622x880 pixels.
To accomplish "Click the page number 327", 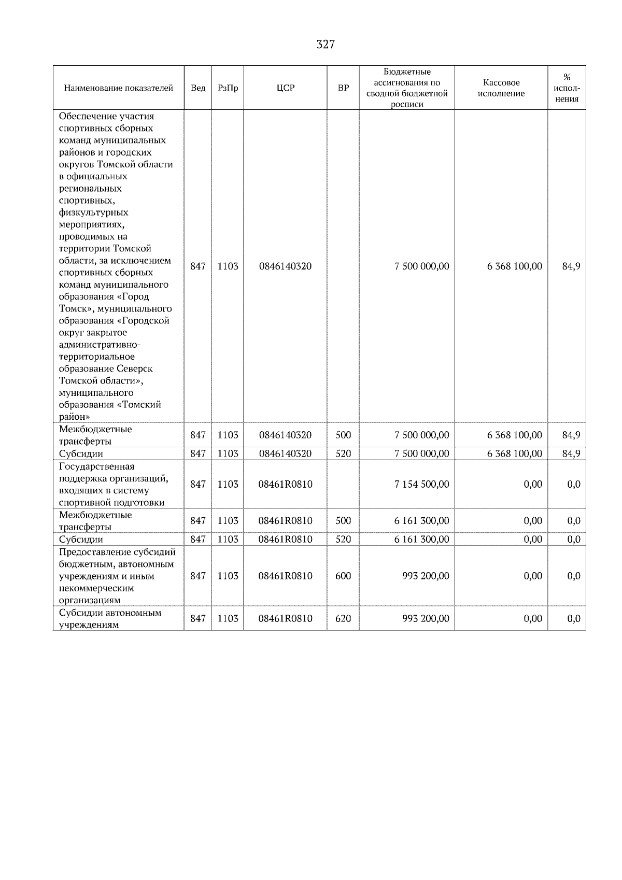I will pos(326,45).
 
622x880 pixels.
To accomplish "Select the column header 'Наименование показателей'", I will pos(118,88).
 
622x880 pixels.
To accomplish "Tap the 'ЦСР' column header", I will pos(285,88).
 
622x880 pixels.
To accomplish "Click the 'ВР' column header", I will pos(343,88).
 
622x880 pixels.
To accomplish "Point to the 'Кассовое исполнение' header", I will pos(501,88).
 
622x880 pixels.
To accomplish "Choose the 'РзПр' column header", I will pos(228,88).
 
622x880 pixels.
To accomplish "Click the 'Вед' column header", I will pos(197,88).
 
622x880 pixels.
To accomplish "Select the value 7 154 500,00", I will pos(422,484).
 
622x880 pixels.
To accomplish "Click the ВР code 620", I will pos(343,618).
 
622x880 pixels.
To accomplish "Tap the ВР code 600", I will pos(343,576).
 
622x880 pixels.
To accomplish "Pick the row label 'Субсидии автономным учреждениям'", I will pos(110,619).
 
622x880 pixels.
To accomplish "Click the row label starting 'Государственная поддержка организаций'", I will pos(114,484).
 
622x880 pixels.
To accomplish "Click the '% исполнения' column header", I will pos(567,88).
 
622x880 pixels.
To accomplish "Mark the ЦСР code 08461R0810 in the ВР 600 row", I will pos(286,576).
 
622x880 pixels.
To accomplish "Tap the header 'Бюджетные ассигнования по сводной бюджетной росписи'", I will pos(407,88).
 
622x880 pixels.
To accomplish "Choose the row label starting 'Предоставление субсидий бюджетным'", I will pos(117,576).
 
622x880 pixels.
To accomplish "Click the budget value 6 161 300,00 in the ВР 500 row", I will pos(422,520).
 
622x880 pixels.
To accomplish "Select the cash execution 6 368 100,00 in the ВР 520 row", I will pos(515,453).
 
